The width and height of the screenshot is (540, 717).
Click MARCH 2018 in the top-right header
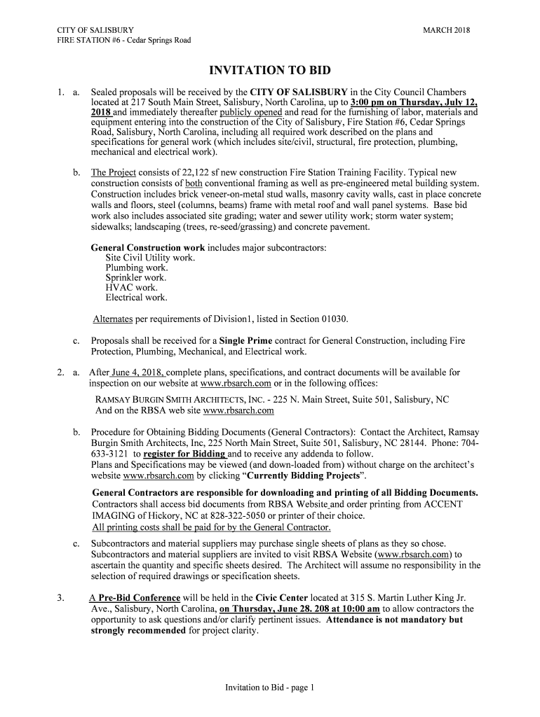447,30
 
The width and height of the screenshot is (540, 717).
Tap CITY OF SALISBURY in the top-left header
95,30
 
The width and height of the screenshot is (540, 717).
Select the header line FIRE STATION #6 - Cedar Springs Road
124,40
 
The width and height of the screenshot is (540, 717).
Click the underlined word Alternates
113,319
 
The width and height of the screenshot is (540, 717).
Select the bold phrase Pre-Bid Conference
138,599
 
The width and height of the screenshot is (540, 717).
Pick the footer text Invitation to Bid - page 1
270,688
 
